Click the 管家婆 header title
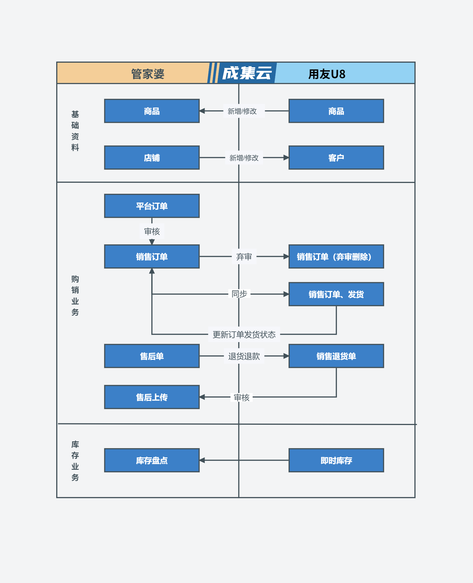click(148, 74)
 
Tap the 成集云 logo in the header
click(247, 73)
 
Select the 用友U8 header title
click(327, 74)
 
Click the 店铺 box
click(152, 158)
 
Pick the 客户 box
click(336, 158)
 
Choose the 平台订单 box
click(152, 206)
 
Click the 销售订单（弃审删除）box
click(336, 257)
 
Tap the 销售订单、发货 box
click(336, 294)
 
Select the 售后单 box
click(152, 356)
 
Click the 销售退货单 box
click(336, 356)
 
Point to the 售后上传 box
click(152, 397)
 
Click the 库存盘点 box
click(152, 460)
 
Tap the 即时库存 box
click(336, 460)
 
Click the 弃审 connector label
click(244, 257)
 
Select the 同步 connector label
click(239, 294)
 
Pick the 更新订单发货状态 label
click(244, 335)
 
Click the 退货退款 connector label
click(244, 356)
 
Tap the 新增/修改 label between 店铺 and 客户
click(244, 158)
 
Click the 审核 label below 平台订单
click(152, 231)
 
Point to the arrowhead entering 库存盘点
click(202, 460)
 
